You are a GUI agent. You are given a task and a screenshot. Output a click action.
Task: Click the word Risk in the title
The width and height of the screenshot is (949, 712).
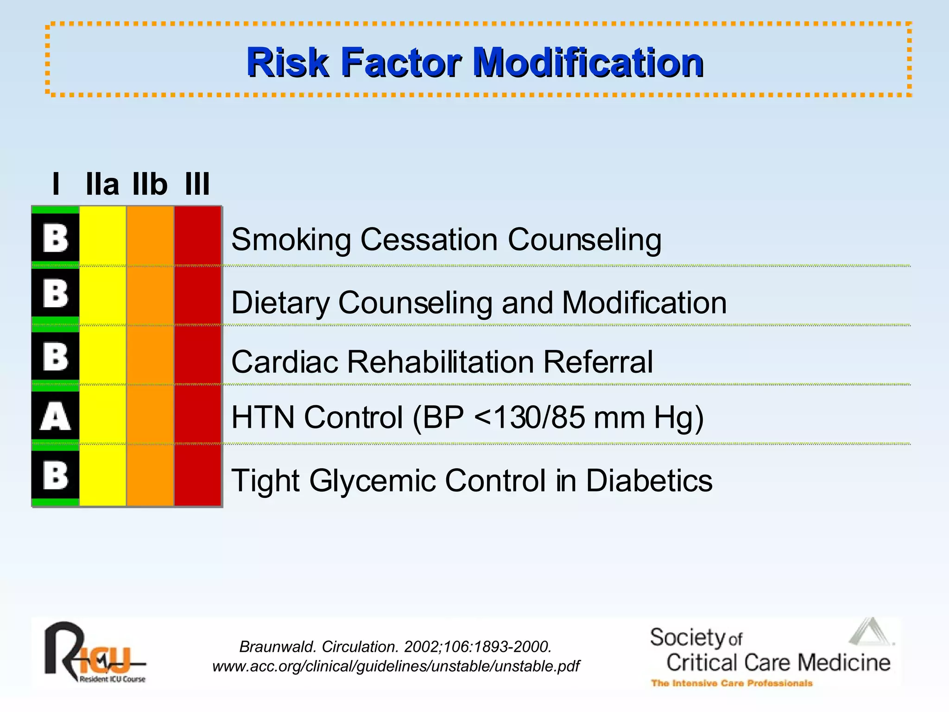coord(287,63)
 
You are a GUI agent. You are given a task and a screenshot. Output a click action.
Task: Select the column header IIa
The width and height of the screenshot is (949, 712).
coord(102,184)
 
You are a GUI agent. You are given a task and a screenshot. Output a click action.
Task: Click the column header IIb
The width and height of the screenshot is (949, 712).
coord(150,184)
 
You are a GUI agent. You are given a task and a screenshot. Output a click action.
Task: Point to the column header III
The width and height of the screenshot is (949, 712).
coord(197,184)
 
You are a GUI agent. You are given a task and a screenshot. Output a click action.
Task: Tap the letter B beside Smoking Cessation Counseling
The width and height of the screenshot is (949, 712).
coord(55,239)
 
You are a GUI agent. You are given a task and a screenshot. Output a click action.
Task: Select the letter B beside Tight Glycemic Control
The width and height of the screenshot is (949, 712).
coord(55,476)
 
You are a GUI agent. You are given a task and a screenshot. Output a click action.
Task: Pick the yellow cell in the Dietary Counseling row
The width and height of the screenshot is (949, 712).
coord(102,297)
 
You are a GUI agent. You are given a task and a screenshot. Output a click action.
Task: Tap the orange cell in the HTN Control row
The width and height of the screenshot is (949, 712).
coord(150,415)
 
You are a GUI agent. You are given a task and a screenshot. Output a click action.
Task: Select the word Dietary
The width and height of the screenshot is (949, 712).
coord(280,303)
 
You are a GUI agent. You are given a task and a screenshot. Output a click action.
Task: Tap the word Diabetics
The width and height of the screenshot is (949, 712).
coord(649,481)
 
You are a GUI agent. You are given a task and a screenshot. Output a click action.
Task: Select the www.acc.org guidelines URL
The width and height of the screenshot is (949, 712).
coord(396,667)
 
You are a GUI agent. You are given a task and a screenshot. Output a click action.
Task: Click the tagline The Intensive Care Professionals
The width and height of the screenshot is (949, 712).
coord(732,683)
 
